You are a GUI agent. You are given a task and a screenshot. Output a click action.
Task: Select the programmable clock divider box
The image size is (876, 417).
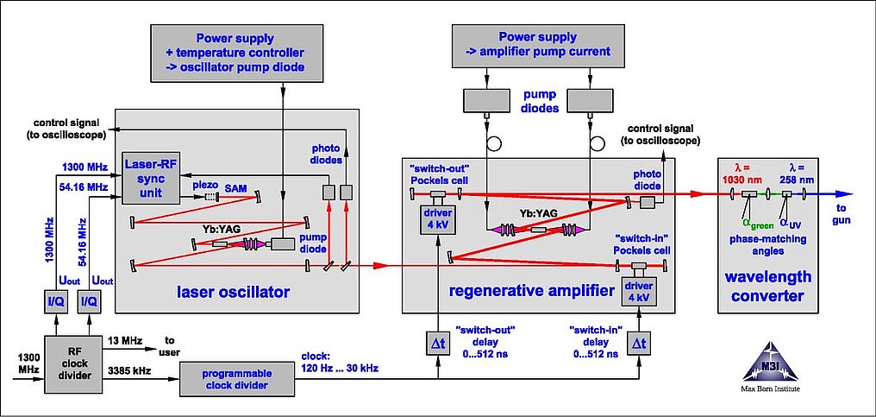[x=237, y=376]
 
